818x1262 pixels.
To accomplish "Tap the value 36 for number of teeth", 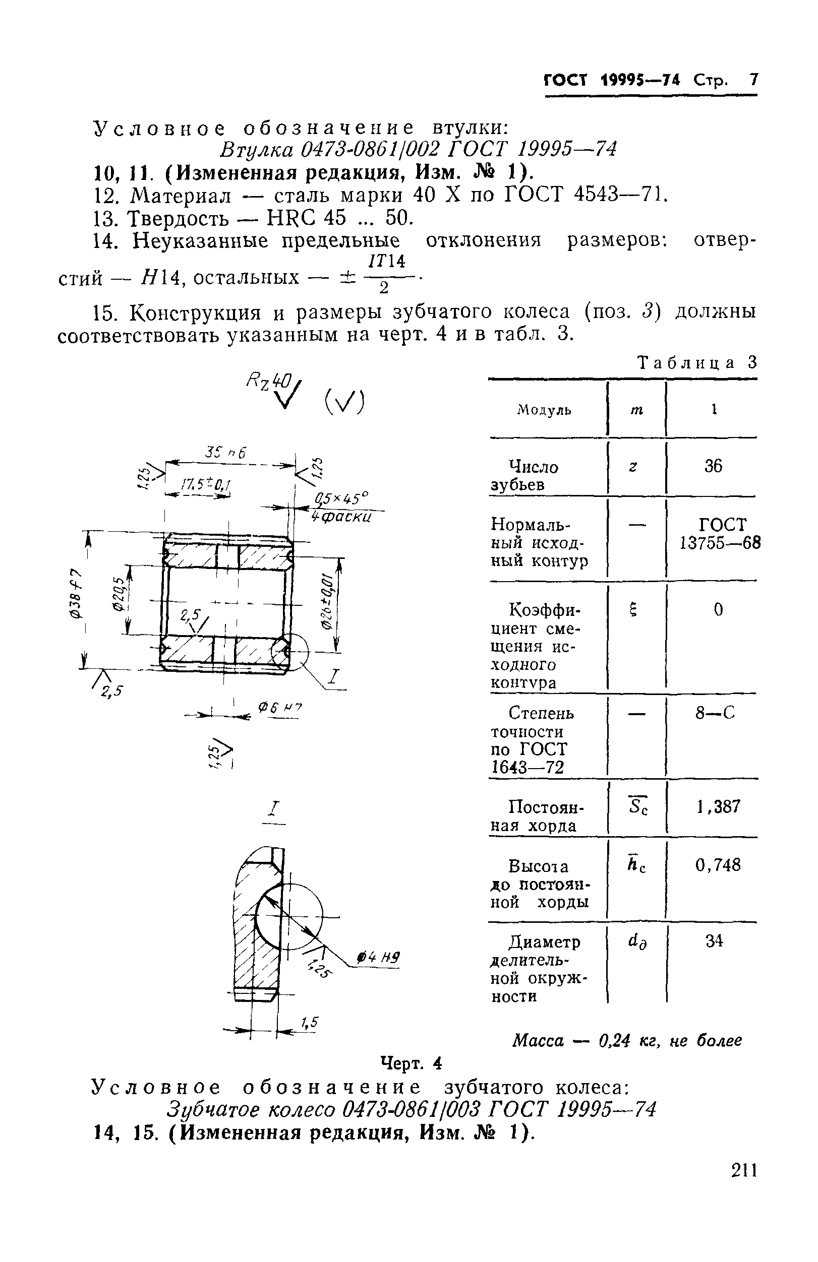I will point(713,466).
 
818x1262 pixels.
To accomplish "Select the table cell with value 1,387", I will point(718,806).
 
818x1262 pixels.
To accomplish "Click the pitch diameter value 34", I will point(714,940).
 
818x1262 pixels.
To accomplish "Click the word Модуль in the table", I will point(544,410).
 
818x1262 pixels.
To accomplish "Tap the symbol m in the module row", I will point(636,409).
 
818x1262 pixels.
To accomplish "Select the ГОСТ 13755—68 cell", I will point(720,533).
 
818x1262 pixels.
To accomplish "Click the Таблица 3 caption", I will point(697,363).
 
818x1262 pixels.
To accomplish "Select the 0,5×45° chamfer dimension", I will point(340,498).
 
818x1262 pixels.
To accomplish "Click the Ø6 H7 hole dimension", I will point(279,708).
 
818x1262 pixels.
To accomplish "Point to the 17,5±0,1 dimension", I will point(206,485).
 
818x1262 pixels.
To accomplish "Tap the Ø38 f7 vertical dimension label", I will point(76,594).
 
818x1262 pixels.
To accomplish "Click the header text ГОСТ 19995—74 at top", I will point(612,80).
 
